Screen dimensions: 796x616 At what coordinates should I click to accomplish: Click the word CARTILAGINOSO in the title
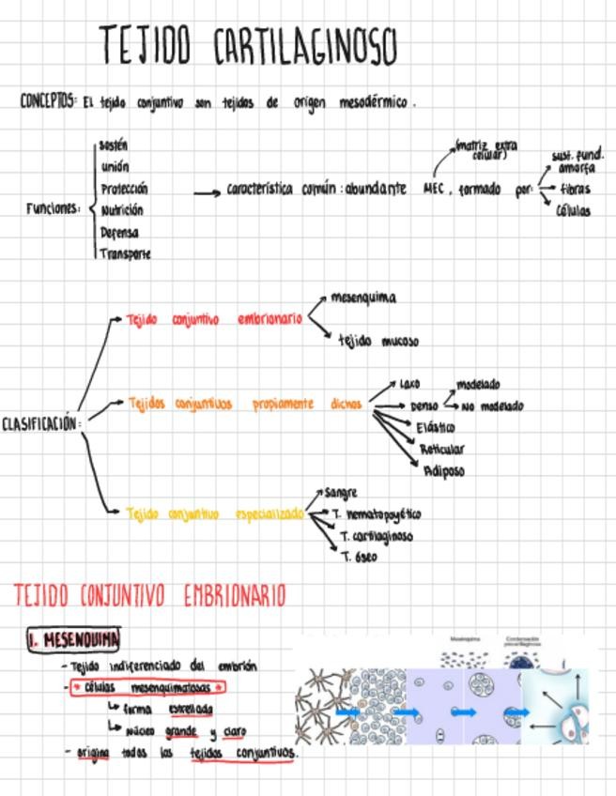305,46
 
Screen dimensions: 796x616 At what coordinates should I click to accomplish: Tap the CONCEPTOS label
48,101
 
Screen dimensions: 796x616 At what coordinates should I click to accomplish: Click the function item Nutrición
122,210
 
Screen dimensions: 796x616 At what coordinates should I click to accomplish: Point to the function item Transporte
126,253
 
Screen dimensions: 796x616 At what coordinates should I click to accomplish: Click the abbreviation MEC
433,189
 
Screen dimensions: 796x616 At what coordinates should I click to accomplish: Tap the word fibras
575,190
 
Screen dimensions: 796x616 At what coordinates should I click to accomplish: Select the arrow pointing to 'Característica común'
207,192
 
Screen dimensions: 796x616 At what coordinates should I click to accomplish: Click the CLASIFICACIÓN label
40,423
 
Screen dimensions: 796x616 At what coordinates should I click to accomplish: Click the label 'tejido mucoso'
378,342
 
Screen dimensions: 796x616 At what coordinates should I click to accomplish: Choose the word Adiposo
443,471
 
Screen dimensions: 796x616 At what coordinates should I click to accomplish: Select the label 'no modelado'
492,406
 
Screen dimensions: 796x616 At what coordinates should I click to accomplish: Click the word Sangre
341,493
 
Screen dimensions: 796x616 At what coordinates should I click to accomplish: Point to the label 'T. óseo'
359,557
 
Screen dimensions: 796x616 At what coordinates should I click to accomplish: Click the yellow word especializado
269,514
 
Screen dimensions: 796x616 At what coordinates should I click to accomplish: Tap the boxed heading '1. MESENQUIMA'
74,640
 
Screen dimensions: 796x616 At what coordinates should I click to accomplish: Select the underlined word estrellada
191,710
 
